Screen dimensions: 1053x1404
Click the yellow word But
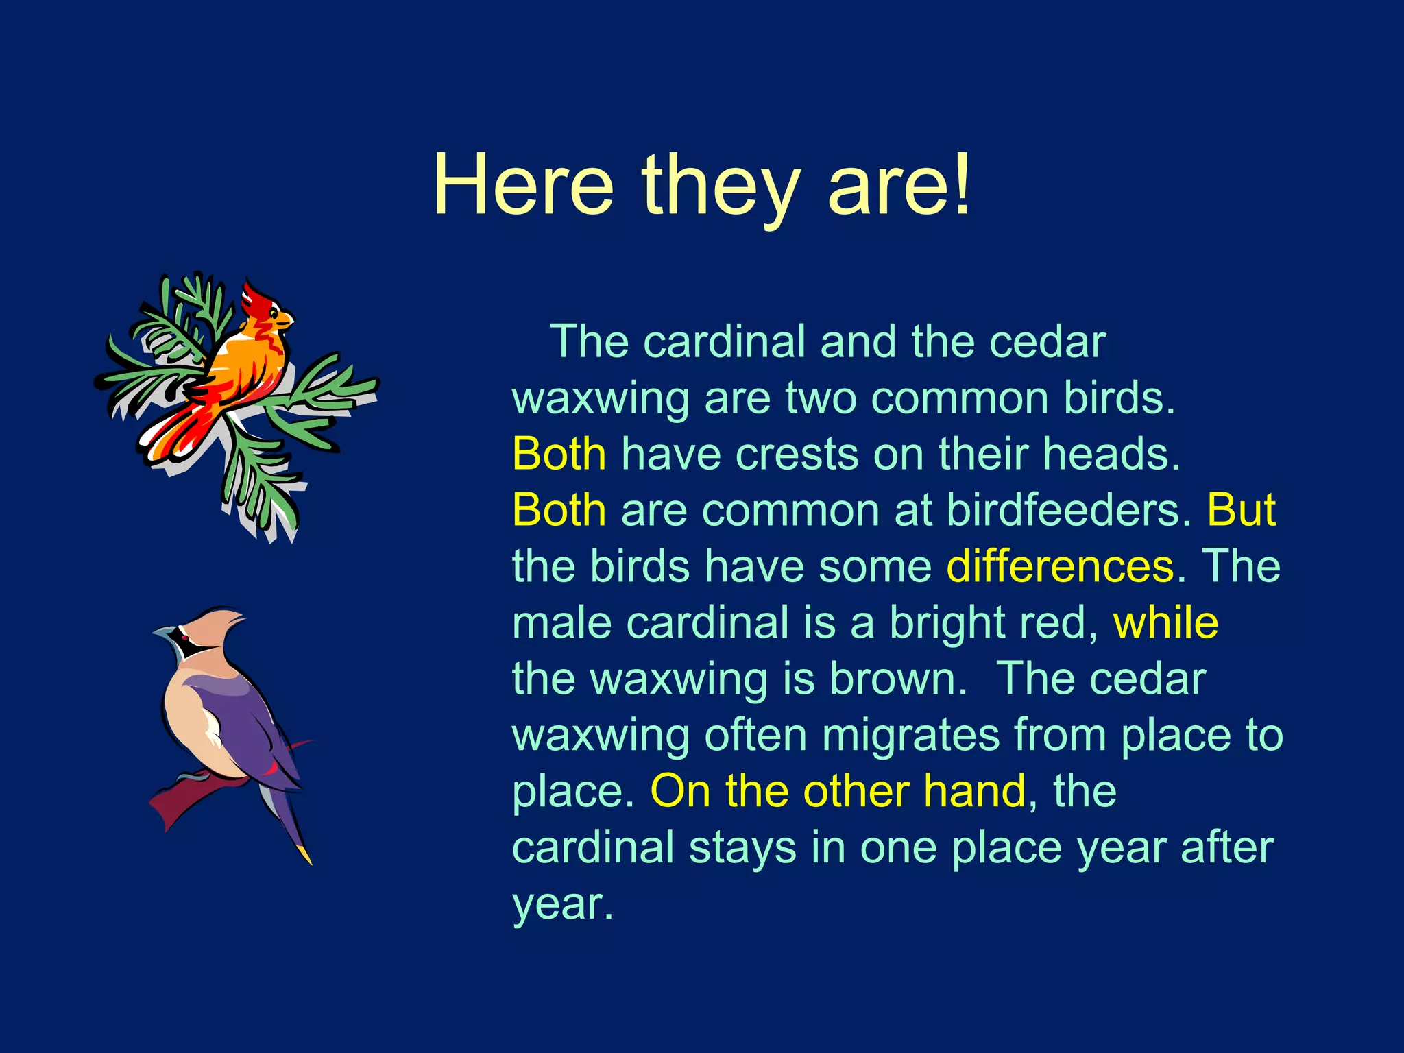point(1241,510)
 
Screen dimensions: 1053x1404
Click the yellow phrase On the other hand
point(838,791)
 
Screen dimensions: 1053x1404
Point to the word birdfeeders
point(1069,510)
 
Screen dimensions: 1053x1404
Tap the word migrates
point(910,735)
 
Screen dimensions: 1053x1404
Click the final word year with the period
point(562,905)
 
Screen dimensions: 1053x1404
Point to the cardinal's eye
point(272,313)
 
